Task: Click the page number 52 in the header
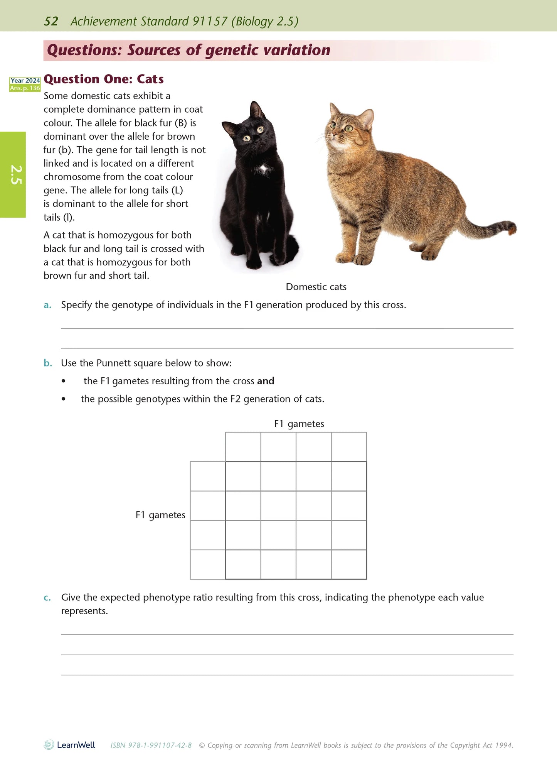click(x=51, y=21)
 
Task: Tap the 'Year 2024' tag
click(x=25, y=81)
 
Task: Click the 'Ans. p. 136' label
click(x=25, y=88)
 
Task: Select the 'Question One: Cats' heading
click(x=104, y=79)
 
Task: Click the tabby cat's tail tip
click(x=512, y=228)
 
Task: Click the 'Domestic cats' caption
click(x=316, y=287)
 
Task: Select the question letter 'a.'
click(x=47, y=305)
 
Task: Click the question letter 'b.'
click(x=48, y=363)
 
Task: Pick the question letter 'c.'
click(x=47, y=597)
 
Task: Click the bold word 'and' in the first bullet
click(x=266, y=381)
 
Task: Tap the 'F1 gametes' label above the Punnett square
click(x=299, y=424)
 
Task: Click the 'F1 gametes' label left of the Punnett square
click(x=160, y=515)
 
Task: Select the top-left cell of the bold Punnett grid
click(x=243, y=476)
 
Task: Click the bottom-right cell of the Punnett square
click(x=349, y=564)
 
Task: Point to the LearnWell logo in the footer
click(x=70, y=745)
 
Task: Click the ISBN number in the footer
click(x=151, y=745)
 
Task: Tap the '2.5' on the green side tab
click(x=15, y=175)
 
